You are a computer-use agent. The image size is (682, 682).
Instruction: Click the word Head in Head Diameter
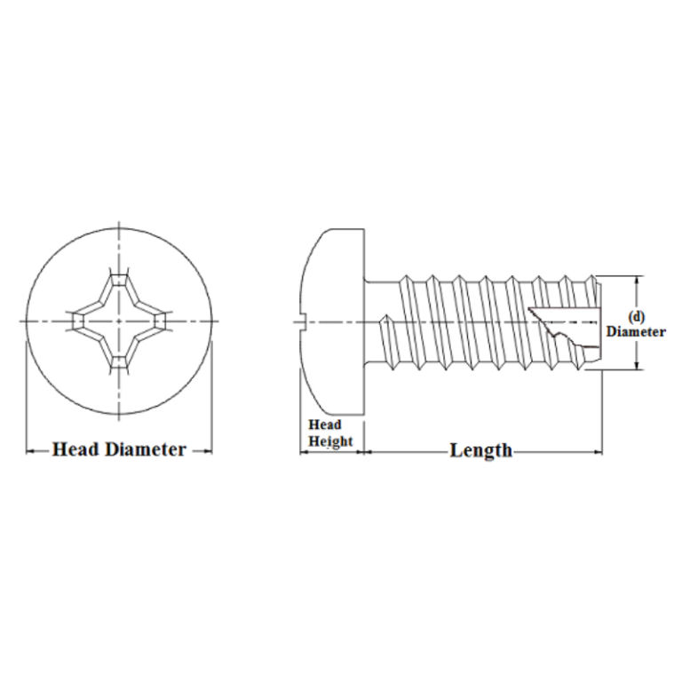click(75, 449)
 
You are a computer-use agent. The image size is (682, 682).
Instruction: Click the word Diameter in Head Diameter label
click(146, 449)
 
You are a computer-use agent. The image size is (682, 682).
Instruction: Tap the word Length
click(480, 450)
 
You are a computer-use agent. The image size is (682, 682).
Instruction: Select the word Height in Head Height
click(330, 441)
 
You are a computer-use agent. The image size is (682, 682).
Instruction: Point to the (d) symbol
click(636, 316)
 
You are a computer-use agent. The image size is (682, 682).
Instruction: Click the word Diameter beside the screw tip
click(636, 332)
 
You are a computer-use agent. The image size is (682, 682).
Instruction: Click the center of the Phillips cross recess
click(118, 320)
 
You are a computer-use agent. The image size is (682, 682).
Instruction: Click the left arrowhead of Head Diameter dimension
click(29, 451)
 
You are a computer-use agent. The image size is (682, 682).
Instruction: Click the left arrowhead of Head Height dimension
click(303, 452)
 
